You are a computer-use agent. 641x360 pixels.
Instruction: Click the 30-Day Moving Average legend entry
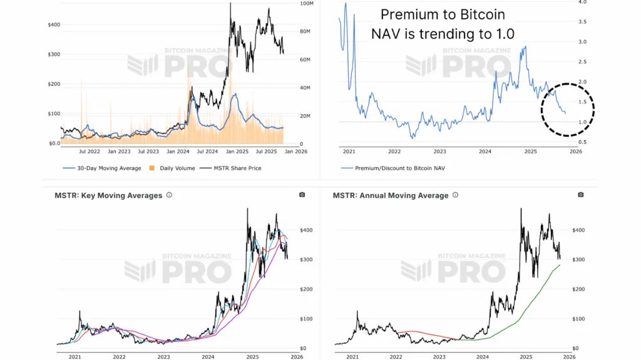100,168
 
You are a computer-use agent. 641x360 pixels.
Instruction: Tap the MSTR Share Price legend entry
236,168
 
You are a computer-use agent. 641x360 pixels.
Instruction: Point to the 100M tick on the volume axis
307,4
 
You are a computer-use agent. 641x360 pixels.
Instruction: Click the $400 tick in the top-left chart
54,25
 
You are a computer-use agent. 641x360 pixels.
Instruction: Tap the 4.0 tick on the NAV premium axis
582,3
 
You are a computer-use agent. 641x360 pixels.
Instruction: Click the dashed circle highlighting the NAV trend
567,109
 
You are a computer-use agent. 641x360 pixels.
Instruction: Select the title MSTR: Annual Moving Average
391,195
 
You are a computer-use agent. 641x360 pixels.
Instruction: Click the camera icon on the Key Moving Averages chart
302,195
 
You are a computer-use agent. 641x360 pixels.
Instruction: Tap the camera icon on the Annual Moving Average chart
581,195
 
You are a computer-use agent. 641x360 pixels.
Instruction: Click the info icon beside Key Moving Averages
169,195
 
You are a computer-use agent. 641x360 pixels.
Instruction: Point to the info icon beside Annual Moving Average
455,195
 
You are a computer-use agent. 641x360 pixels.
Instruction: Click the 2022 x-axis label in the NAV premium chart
394,151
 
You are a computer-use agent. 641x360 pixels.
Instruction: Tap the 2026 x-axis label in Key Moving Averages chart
290,357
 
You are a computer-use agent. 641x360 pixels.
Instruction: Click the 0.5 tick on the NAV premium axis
582,142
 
